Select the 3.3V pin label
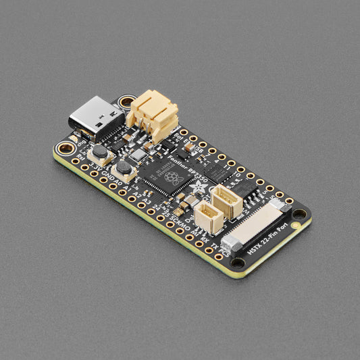(95, 164)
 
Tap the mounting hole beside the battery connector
(126, 103)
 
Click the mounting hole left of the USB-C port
(65, 147)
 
